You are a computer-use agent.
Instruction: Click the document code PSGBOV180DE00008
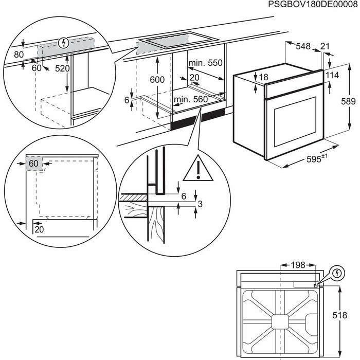click(313, 5)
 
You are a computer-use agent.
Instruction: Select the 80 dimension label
click(19, 54)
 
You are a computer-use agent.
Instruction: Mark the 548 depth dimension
click(303, 47)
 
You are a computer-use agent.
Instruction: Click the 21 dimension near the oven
click(325, 47)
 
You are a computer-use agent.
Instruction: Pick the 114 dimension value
click(333, 76)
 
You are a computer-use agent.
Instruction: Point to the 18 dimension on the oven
click(263, 77)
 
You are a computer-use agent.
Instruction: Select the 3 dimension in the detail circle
click(201, 205)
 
